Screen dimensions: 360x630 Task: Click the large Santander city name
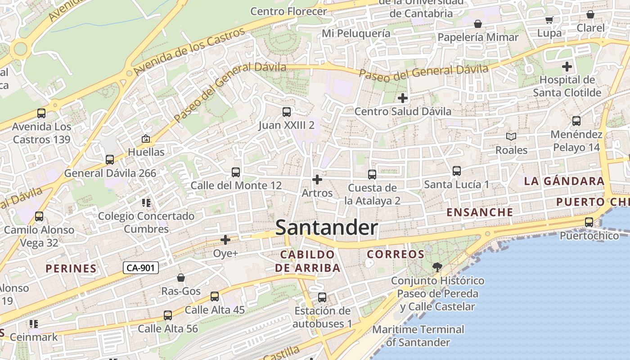326,228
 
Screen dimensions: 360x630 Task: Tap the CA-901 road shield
141,268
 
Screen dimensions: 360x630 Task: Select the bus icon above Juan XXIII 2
287,112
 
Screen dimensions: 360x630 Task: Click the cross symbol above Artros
317,180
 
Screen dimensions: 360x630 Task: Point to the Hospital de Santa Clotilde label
567,86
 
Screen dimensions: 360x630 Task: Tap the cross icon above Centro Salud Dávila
403,98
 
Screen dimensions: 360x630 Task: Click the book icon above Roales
511,136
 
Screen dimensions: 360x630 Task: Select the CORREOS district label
396,254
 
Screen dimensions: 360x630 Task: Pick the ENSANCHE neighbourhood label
480,212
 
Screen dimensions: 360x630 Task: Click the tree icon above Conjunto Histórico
437,267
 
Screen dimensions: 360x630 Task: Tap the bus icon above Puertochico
589,222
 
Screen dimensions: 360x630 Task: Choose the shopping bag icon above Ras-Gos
181,278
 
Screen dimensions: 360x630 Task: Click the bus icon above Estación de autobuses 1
322,297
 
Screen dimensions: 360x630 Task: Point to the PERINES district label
71,269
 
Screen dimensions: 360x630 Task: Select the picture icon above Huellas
146,139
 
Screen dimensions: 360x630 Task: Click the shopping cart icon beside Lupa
549,20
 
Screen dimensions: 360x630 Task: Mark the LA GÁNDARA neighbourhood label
564,181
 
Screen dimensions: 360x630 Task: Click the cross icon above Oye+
225,240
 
